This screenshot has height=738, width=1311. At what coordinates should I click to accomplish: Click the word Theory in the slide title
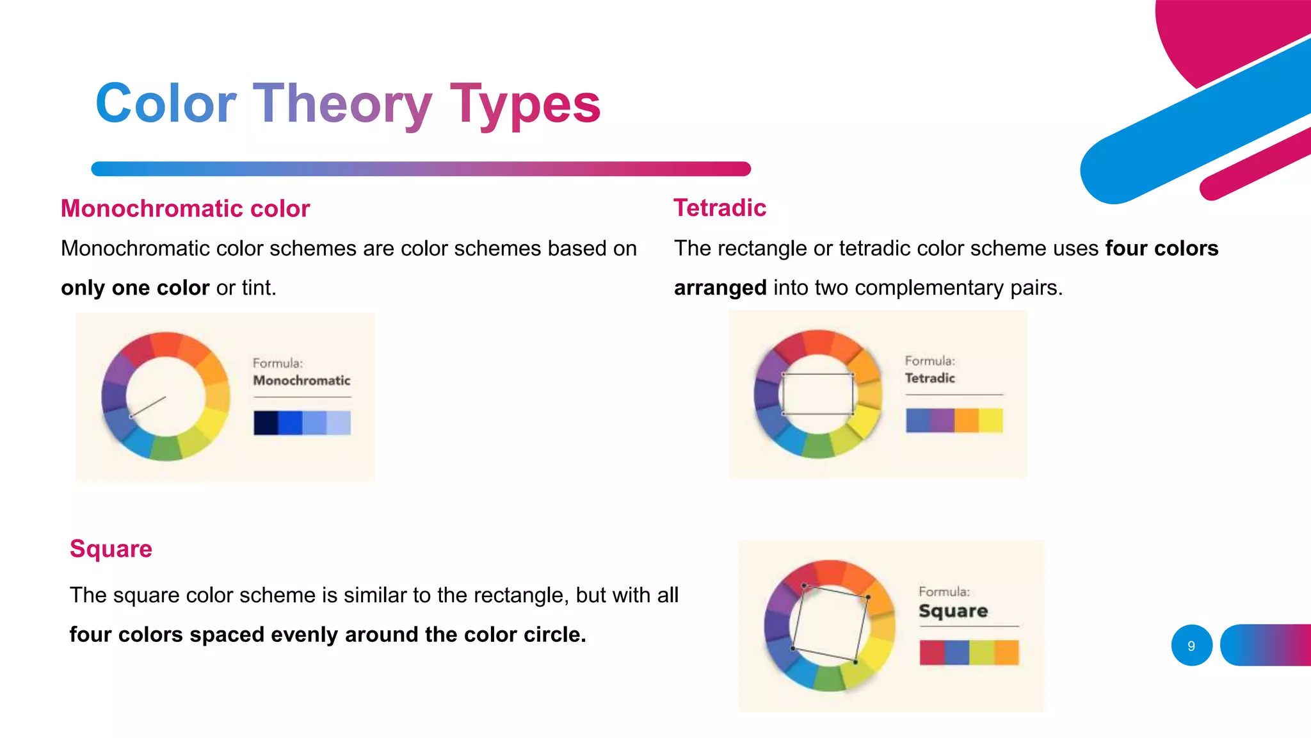click(342, 104)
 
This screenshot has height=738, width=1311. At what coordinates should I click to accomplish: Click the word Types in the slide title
click(525, 104)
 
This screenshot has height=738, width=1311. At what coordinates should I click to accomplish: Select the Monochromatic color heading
click(185, 209)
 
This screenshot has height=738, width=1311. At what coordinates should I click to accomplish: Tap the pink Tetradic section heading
click(720, 208)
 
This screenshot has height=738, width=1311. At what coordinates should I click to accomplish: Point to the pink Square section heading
click(111, 549)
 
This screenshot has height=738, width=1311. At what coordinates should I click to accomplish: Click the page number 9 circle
click(1191, 646)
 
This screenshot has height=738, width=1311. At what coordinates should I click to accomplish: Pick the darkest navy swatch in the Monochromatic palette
click(266, 423)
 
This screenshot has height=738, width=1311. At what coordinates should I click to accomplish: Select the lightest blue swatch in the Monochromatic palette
click(339, 423)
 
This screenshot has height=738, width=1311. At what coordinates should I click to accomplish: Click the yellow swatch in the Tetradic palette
click(990, 420)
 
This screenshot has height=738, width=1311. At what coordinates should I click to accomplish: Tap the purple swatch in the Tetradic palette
click(942, 420)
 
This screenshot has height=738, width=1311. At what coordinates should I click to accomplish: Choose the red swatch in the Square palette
click(932, 652)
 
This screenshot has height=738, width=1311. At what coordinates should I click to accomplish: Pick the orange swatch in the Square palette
click(1006, 652)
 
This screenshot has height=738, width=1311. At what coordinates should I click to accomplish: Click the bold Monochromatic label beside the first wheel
click(302, 381)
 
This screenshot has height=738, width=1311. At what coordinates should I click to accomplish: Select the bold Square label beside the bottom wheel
click(953, 611)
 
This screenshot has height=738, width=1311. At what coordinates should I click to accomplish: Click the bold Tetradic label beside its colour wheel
click(929, 378)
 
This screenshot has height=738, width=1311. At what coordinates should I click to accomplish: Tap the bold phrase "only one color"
click(135, 288)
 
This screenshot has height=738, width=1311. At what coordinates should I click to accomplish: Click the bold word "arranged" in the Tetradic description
click(720, 288)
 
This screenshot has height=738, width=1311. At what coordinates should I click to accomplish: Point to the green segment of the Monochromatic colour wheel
click(166, 448)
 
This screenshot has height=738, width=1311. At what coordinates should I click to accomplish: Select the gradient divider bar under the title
click(421, 168)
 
